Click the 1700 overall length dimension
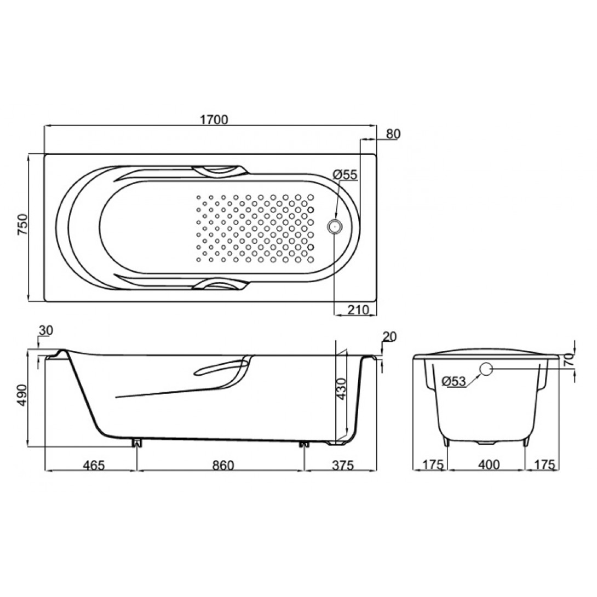pos(214,119)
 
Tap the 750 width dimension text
pos(22,225)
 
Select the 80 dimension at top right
pos(393,134)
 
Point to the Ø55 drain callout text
pos(345,175)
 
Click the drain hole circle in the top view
pos(335,227)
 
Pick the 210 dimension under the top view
pos(358,310)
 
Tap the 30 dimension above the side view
pos(45,330)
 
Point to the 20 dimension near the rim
pos(389,337)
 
